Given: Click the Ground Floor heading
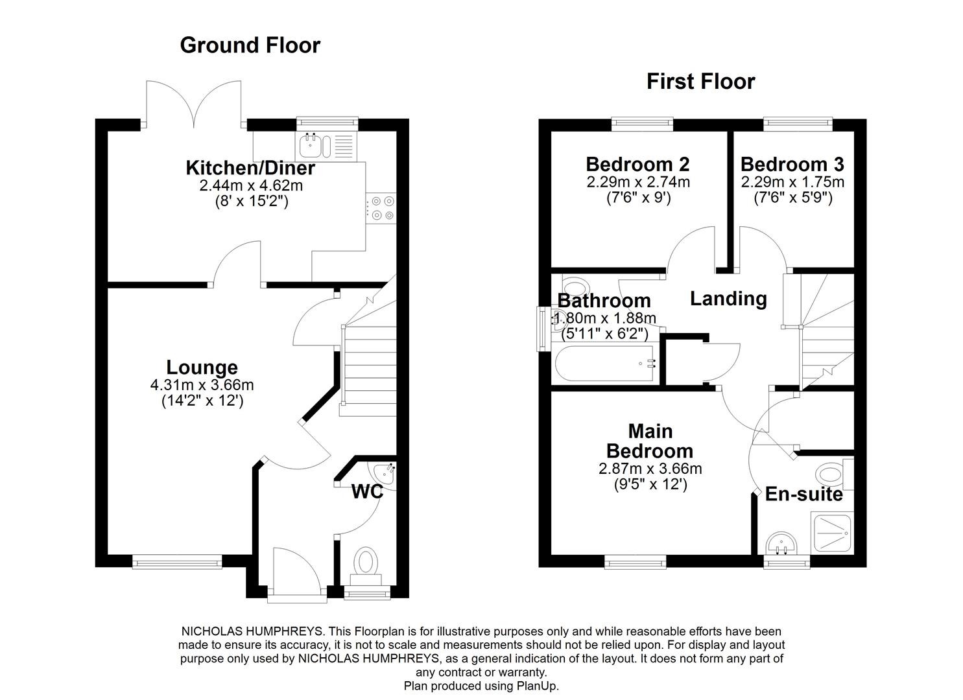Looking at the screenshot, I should point(250,45).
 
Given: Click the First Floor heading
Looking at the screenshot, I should point(700,82).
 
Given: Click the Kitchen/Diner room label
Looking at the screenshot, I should point(250,168).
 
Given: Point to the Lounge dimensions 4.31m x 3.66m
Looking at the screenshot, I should point(202,385).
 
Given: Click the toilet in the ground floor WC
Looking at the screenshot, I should point(366,563).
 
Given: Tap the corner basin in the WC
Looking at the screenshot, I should point(383,473).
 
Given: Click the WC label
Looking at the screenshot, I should point(367,492).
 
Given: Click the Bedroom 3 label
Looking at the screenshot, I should point(792,164).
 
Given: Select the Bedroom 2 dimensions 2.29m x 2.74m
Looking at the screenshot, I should point(638,182).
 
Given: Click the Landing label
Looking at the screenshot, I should point(728,299).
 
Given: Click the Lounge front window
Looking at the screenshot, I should point(177,563).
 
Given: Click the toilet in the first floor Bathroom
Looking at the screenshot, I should point(573,285).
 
